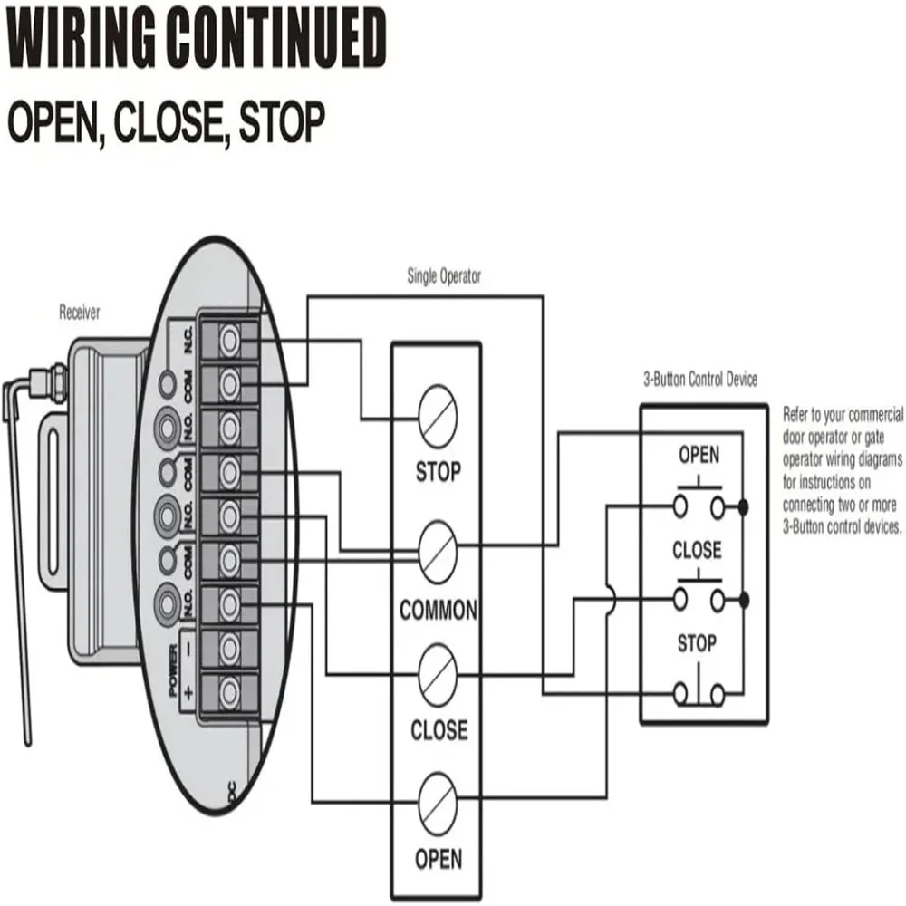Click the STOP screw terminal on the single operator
pos(438,416)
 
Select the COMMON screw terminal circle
pos(438,553)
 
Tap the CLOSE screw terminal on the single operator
pos(438,675)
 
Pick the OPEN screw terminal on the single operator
pos(438,805)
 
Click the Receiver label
pos(79,313)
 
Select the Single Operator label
pos(444,276)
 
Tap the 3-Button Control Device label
pos(700,379)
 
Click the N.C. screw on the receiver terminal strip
pos(230,340)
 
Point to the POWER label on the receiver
pos(173,670)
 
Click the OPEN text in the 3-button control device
pos(699,456)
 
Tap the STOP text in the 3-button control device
pos(697,643)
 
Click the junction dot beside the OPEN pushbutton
pos(744,507)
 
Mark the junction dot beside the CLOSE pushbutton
pos(744,601)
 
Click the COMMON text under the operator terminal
pos(439,610)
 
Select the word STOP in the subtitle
pos(283,122)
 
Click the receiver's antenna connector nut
pos(58,377)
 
